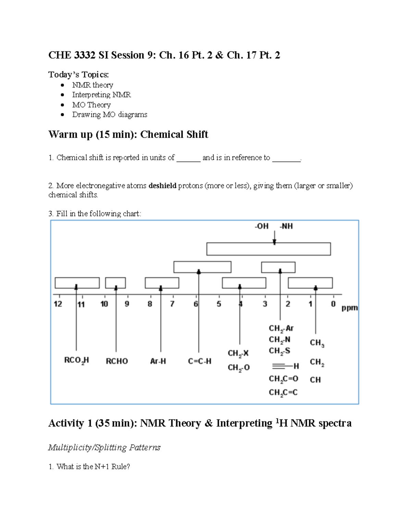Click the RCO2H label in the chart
77,361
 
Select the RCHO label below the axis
117,361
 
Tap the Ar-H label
158,361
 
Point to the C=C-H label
200,361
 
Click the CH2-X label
238,354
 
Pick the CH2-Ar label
281,329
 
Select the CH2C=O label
283,379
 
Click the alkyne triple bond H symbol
285,366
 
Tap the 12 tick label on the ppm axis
58,304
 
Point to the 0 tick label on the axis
333,304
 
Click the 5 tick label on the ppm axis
219,304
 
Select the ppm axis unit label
350,308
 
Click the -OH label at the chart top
261,226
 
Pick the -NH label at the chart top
286,226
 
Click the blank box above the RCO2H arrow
77,283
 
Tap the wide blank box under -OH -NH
269,249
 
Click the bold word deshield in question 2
162,186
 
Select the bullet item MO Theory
91,105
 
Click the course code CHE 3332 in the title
72,55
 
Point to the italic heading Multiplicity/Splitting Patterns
104,447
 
